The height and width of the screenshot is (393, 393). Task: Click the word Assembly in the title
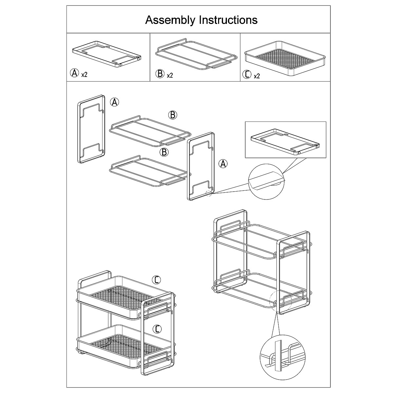[171, 20]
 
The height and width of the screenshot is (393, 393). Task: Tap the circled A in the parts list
[75, 73]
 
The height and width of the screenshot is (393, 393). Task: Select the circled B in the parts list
[160, 74]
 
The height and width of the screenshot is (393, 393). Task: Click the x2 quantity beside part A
[84, 74]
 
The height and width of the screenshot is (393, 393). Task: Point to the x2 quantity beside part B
[170, 75]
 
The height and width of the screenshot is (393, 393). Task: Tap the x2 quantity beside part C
[257, 76]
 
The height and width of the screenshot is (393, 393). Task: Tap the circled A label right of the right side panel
[223, 164]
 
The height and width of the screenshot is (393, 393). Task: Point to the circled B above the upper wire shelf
[173, 115]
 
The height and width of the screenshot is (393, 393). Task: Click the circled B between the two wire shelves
[164, 152]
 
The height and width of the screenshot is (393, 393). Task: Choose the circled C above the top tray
[157, 280]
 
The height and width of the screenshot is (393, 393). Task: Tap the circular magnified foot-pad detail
[266, 180]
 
